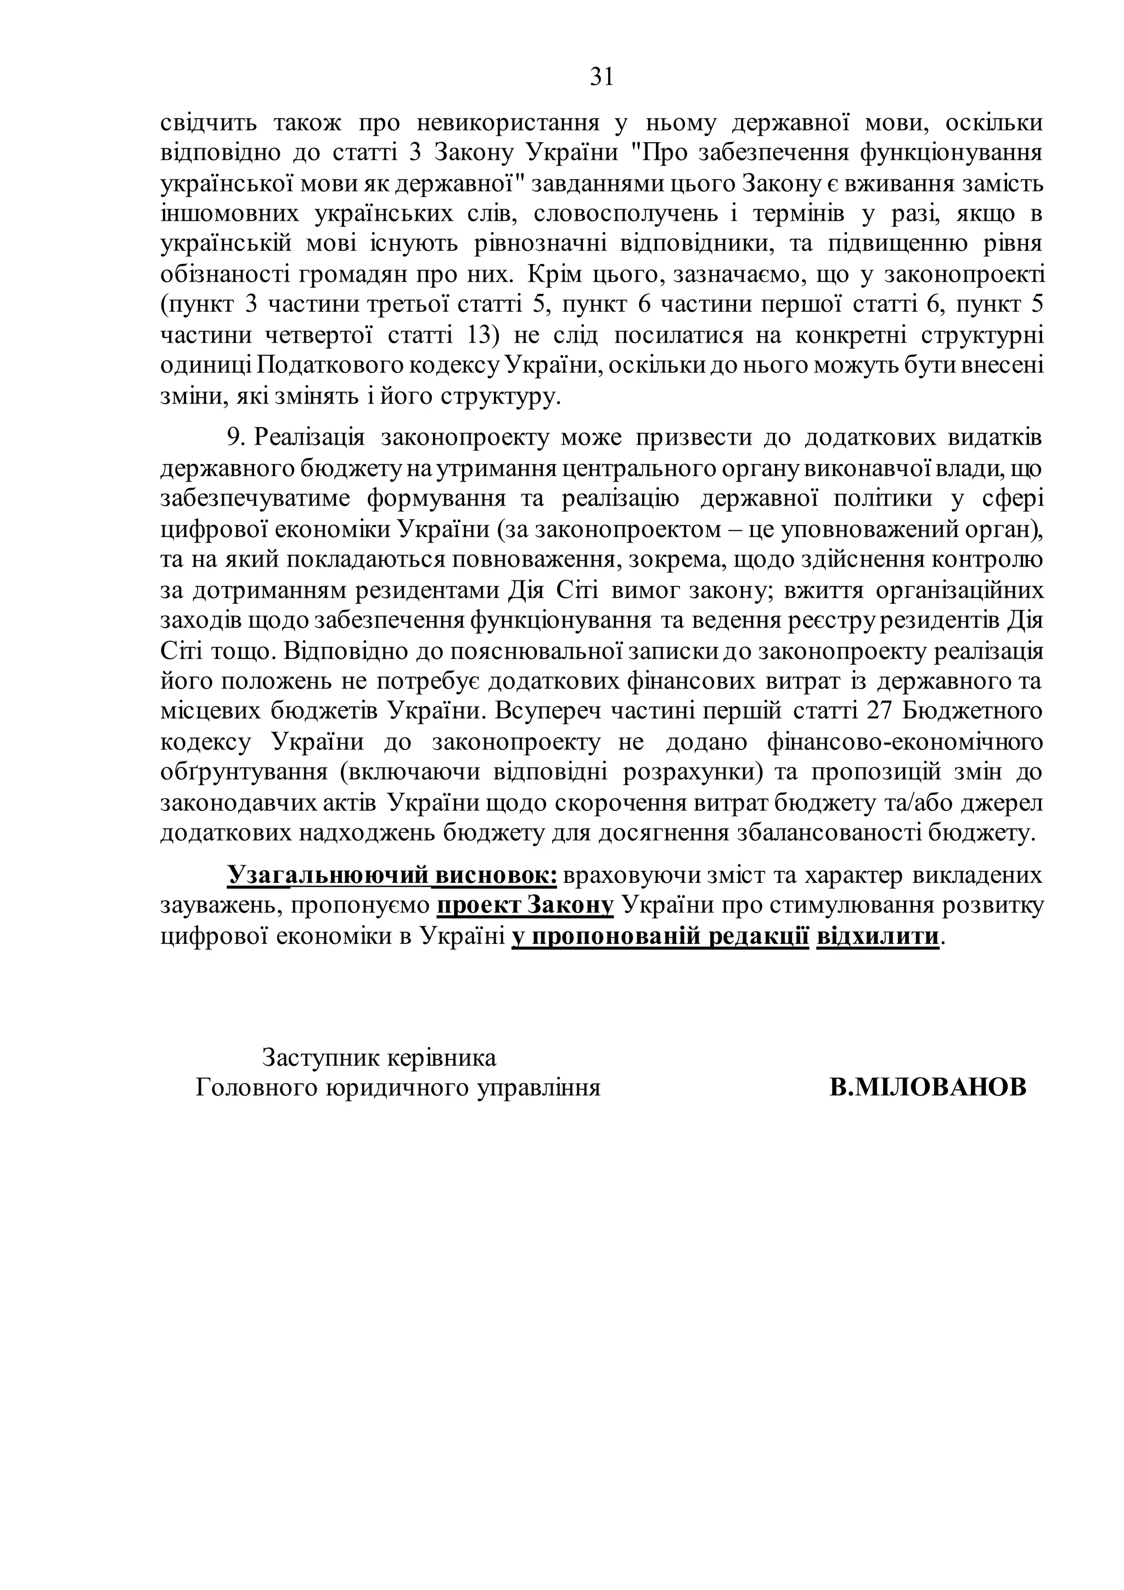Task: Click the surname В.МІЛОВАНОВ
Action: pyautogui.click(x=928, y=1088)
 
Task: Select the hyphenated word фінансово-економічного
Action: pyautogui.click(x=904, y=742)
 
